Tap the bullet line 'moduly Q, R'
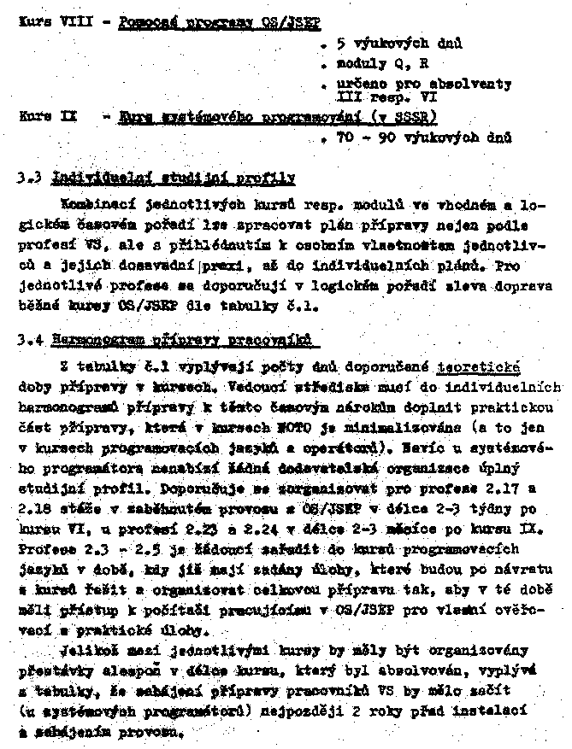[372, 63]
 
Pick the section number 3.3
[29, 179]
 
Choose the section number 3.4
[29, 341]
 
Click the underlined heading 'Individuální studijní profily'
[174, 178]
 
